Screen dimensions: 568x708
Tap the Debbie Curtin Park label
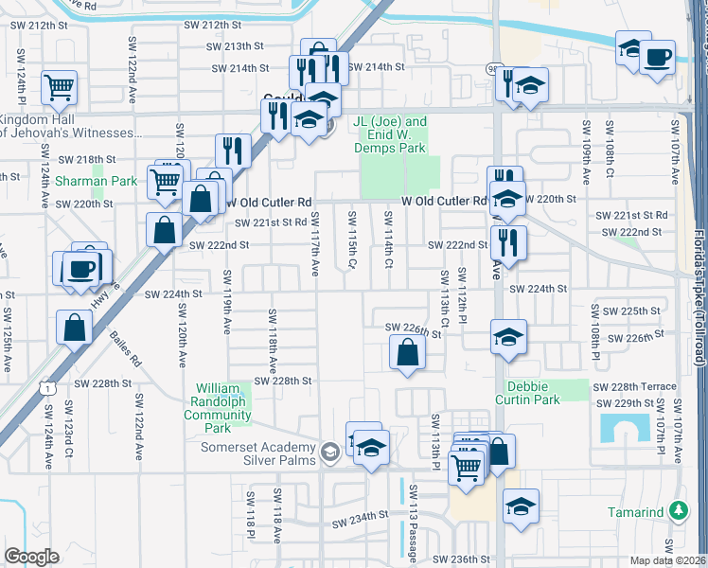(x=534, y=393)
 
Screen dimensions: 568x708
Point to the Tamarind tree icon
(x=678, y=511)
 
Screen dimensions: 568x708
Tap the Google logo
(x=31, y=557)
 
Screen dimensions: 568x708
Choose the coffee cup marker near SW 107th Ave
(x=657, y=58)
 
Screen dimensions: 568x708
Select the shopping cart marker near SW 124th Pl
(x=60, y=88)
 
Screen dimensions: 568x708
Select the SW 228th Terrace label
(x=634, y=387)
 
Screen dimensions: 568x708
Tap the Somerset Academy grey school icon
(x=329, y=451)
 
